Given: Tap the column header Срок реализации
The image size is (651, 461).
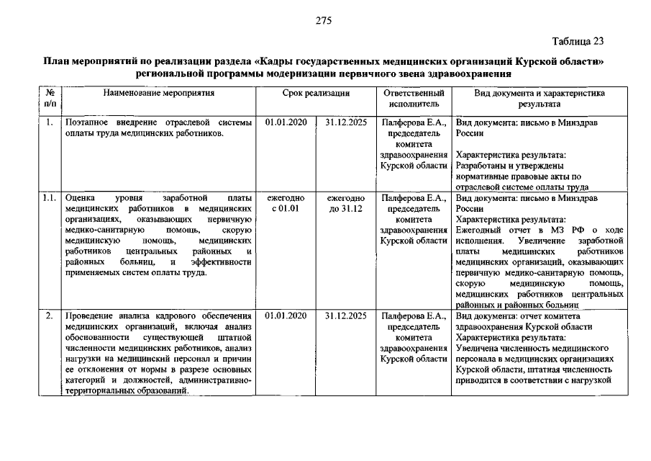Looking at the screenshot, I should [316, 94].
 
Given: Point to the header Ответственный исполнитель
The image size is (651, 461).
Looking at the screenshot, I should [414, 99].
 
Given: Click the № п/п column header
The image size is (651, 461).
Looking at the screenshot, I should [50, 99].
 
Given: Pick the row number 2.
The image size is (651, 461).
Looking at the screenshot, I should [49, 315].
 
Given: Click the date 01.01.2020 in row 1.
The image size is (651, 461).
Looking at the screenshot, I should [286, 122].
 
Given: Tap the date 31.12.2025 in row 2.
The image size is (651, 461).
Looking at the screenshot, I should [345, 315].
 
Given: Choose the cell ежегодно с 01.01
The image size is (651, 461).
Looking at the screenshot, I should [286, 203].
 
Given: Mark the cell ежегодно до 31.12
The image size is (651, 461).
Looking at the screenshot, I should [345, 203].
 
